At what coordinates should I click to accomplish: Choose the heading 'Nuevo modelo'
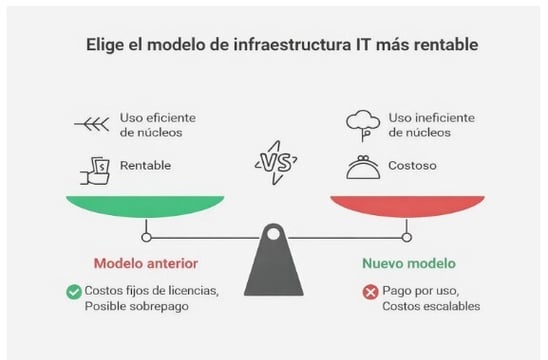point(406,264)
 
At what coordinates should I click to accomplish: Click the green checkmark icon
point(73,292)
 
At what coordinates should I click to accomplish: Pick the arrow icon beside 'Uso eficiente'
point(91,125)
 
